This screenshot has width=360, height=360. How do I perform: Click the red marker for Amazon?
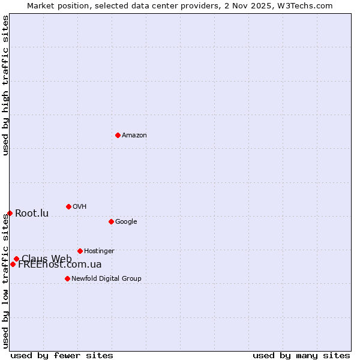tap(118, 135)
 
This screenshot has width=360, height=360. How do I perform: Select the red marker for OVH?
tap(68, 206)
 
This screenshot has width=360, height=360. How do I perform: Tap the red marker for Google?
tap(111, 221)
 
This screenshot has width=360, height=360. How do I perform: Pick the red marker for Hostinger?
tap(80, 251)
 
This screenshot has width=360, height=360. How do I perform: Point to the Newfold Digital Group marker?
tap(67, 278)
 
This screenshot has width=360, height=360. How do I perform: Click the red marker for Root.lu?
tap(10, 213)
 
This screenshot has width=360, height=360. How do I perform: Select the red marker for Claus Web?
tap(16, 259)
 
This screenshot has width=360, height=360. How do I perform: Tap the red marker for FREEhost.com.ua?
tap(13, 264)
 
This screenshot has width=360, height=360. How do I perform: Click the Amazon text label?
tap(134, 136)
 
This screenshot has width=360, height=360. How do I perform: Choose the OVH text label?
tap(80, 207)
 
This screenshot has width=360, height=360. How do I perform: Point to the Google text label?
tap(126, 222)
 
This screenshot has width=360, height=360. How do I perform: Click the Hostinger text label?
tap(99, 251)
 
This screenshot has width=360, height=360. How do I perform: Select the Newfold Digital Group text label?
tap(106, 279)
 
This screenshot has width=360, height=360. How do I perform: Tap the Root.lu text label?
tap(32, 214)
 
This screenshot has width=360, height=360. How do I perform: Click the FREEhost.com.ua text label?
tap(60, 265)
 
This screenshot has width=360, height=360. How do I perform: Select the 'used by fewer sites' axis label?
tap(62, 355)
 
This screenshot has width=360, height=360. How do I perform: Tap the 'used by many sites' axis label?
tap(301, 355)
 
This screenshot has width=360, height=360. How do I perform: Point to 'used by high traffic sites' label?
tap(5, 85)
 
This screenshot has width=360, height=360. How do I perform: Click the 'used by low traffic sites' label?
tap(5, 281)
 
